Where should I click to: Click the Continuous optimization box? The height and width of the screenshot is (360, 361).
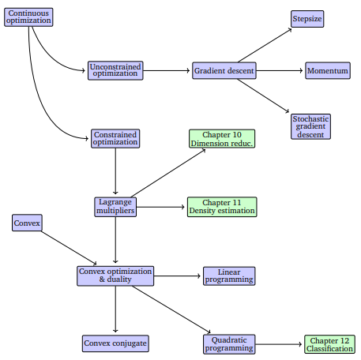[30, 17]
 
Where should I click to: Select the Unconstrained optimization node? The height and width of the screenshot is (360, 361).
[115, 71]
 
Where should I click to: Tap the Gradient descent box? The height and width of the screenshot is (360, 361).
[224, 71]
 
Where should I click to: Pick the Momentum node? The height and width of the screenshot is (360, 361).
[327, 71]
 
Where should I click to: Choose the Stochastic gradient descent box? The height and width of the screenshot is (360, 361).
[310, 126]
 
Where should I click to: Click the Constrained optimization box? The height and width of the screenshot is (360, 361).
[115, 138]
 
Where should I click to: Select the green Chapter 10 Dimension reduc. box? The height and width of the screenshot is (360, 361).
[222, 138]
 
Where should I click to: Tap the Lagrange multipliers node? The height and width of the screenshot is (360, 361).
[115, 207]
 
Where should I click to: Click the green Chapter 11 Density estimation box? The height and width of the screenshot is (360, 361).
[222, 207]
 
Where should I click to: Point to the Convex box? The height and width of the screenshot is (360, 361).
[26, 223]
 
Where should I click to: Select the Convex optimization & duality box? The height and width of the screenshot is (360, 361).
[115, 276]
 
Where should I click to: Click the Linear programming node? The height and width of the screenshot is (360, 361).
[229, 276]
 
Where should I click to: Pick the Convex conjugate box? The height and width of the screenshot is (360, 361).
[115, 343]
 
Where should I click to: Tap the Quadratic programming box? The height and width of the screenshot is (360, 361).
[229, 343]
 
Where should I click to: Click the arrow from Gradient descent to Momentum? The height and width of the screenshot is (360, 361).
[280, 71]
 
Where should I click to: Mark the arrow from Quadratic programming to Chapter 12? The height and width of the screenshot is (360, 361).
[280, 344]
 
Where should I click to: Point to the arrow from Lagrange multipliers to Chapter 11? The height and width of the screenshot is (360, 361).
[161, 207]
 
